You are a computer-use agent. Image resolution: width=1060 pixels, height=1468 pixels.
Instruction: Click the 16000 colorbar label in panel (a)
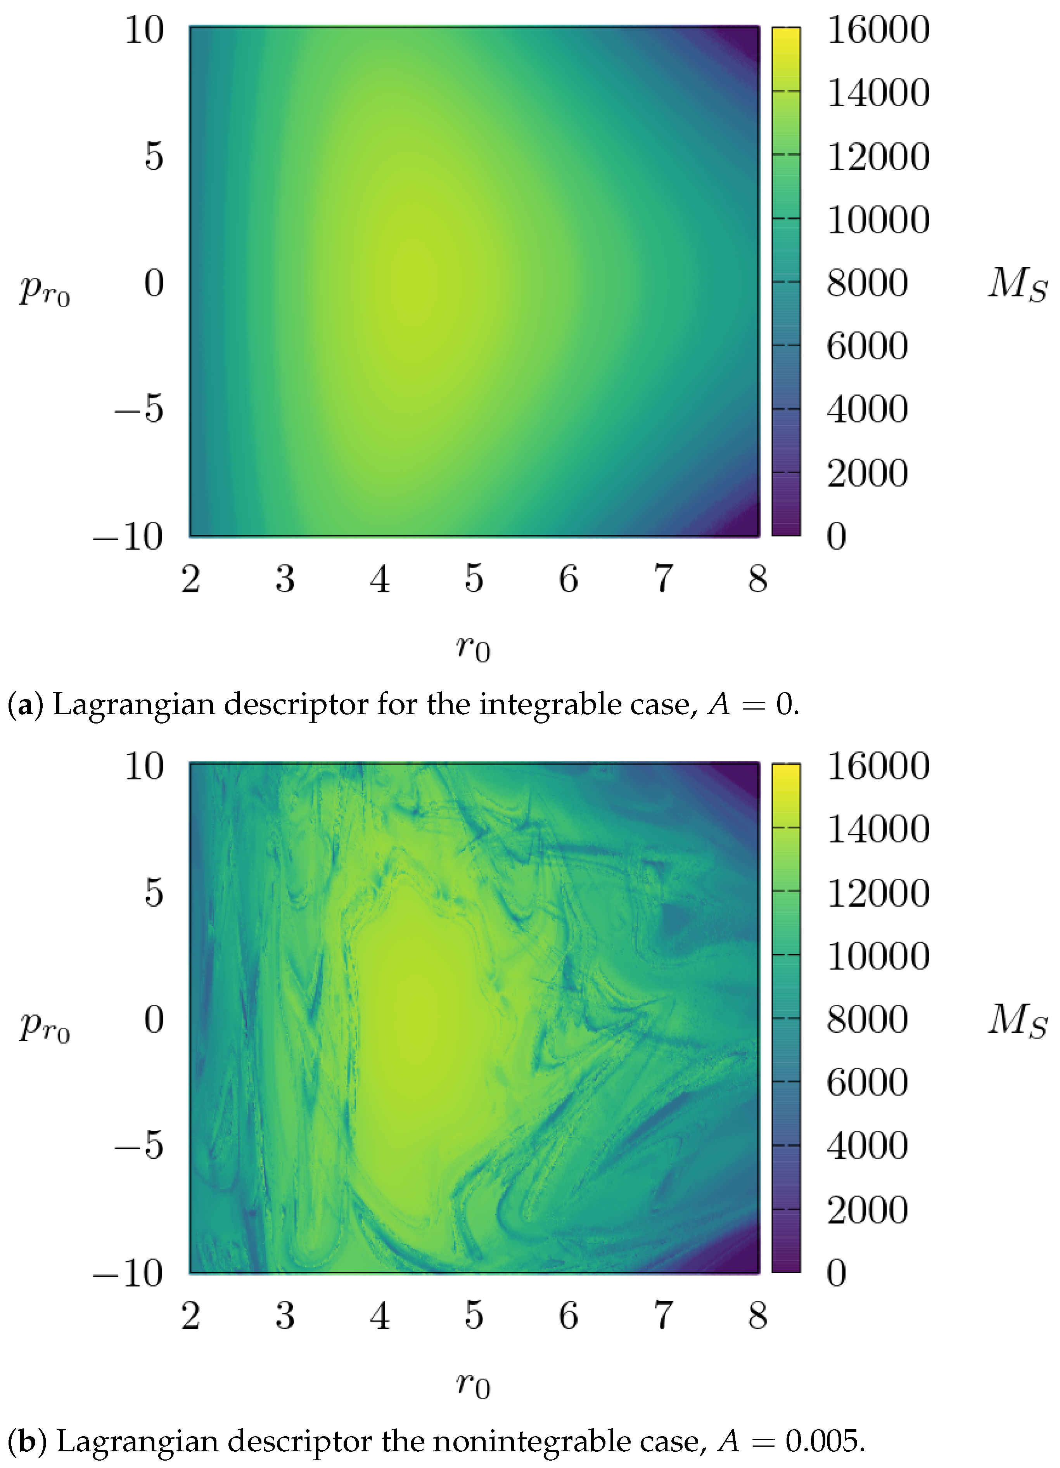[878, 30]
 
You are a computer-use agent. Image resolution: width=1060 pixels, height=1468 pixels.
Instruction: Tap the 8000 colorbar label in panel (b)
[867, 1020]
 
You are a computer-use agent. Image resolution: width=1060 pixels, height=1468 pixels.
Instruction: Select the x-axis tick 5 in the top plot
[474, 579]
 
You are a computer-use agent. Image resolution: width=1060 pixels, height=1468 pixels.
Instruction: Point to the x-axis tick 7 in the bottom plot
[663, 1316]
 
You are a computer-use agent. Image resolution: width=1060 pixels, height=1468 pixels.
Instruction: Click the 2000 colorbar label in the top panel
[867, 473]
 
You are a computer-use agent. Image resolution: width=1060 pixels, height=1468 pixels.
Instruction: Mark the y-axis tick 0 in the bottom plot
[154, 1020]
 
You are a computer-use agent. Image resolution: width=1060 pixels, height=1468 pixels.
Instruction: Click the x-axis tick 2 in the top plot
[190, 579]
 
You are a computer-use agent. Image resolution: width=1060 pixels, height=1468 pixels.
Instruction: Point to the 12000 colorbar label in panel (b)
[878, 893]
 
